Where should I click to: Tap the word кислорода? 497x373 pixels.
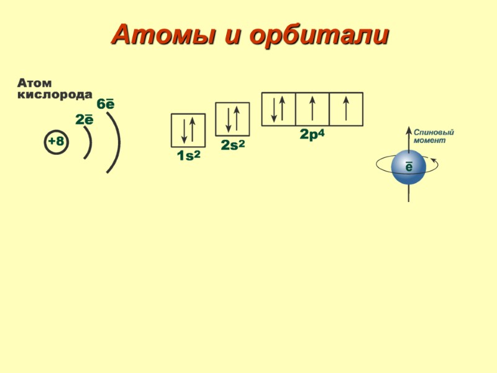(55, 94)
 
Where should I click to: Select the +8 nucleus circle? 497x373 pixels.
(56, 142)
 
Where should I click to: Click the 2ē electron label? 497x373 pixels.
(84, 119)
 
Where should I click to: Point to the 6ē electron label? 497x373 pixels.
(106, 104)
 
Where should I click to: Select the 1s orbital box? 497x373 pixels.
(188, 131)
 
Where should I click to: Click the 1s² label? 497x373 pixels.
(188, 157)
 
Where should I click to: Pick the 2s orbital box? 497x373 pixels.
(232, 119)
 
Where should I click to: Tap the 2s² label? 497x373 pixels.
(232, 145)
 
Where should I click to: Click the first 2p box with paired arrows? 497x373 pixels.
(278, 109)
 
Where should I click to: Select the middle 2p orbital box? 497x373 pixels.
(312, 109)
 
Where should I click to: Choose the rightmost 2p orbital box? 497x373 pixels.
(346, 109)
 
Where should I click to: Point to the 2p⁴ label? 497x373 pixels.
(312, 134)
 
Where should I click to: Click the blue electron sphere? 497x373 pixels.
(408, 167)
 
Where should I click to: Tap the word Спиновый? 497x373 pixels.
(434, 133)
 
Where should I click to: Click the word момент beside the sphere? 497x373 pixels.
(429, 141)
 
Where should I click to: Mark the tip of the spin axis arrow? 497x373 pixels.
(409, 128)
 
